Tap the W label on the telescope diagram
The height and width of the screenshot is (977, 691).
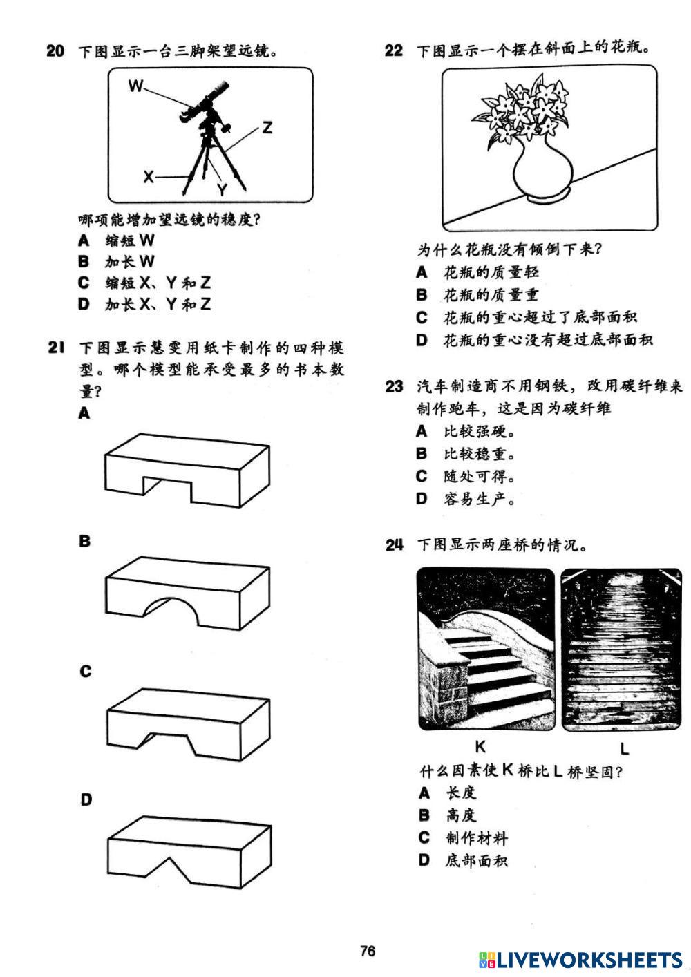[x=136, y=86]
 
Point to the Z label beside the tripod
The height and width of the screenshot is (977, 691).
[x=267, y=128]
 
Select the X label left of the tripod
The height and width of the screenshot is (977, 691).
[x=148, y=177]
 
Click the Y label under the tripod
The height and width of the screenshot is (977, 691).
[x=222, y=189]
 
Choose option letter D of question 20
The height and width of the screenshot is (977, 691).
[x=84, y=304]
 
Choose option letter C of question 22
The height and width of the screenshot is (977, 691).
[x=422, y=317]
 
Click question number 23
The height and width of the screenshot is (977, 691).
[x=394, y=386]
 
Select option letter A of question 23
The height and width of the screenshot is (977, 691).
[x=422, y=431]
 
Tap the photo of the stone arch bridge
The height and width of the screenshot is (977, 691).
[x=486, y=649]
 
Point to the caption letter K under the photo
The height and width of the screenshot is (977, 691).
[x=481, y=746]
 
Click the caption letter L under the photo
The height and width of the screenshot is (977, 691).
[x=624, y=748]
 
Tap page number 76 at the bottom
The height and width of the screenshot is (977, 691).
[x=368, y=951]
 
